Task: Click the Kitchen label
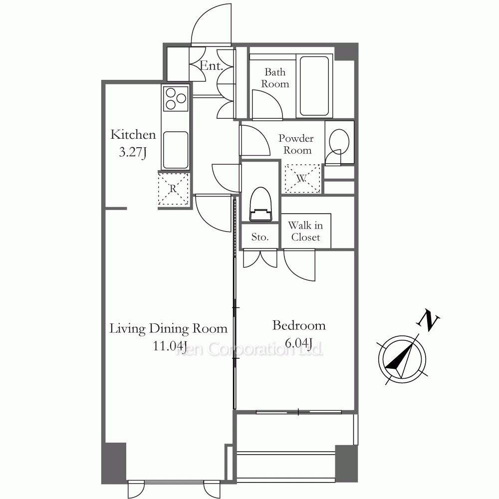point(133,135)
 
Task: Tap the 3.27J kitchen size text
point(133,152)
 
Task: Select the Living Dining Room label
point(168,328)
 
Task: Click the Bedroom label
point(299,325)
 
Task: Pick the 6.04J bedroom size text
point(298,343)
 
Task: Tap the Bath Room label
point(275,78)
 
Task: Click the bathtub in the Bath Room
point(314,86)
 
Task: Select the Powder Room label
point(296,144)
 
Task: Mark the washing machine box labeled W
point(302,178)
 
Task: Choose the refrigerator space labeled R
point(173,189)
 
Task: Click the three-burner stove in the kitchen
point(176,98)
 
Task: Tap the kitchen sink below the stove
point(175,150)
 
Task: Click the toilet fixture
point(260,204)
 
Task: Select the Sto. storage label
point(259,237)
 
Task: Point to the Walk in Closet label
point(305,232)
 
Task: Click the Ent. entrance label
point(211,66)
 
